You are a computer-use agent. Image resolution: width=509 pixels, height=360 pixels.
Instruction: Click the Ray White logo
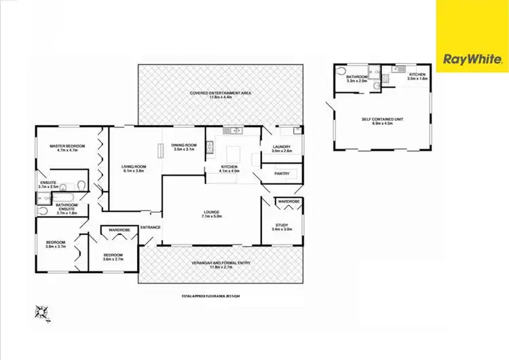pyautogui.click(x=472, y=60)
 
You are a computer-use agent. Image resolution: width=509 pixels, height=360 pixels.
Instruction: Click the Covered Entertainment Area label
pyautogui.click(x=220, y=94)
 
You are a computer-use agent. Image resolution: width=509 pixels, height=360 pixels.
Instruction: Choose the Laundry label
pyautogui.click(x=281, y=148)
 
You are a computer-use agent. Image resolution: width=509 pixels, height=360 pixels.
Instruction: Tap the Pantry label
pyautogui.click(x=282, y=174)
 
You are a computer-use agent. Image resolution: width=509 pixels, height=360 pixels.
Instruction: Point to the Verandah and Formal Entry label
pyautogui.click(x=220, y=268)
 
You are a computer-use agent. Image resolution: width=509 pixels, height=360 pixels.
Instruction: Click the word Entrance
pyautogui.click(x=150, y=227)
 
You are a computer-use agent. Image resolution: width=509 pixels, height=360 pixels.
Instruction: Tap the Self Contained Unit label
pyautogui.click(x=383, y=121)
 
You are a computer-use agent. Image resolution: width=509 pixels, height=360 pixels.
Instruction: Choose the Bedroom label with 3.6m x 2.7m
pyautogui.click(x=113, y=257)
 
